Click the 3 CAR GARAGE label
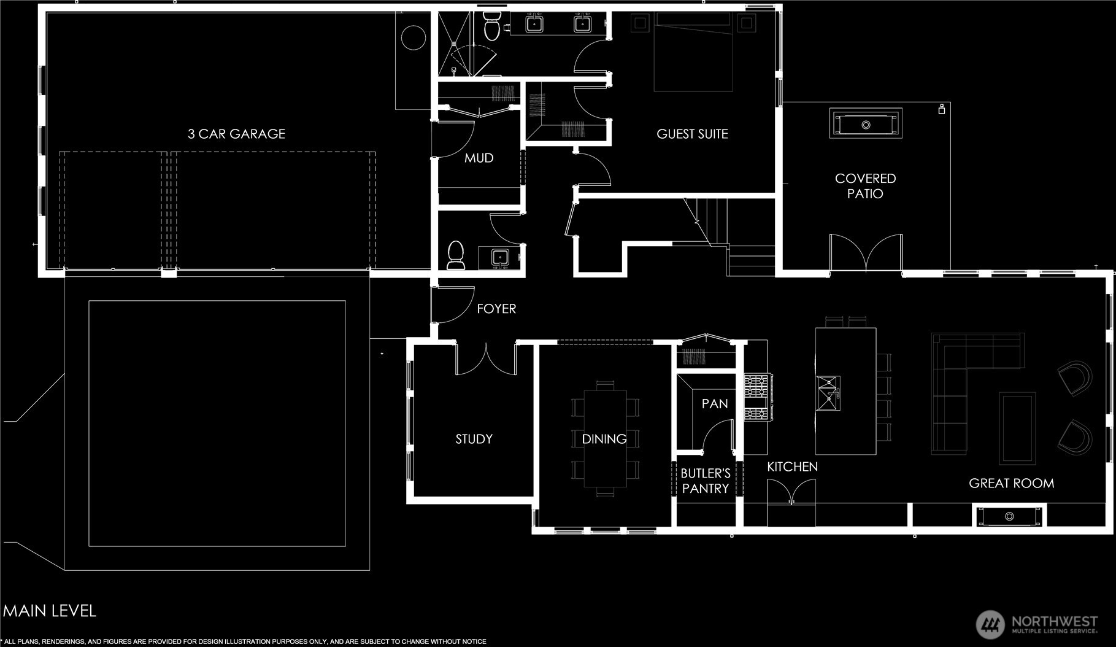236,134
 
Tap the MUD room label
479,158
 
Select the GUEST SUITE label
692,134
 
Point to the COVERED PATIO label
865,186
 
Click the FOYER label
496,309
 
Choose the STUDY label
474,439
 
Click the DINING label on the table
604,439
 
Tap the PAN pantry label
715,404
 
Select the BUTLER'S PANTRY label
706,481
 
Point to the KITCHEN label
792,467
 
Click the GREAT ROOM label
1011,484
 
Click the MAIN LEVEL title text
50,611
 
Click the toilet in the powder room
456,255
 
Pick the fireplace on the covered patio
866,125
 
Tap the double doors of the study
486,359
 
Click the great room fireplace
1009,516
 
